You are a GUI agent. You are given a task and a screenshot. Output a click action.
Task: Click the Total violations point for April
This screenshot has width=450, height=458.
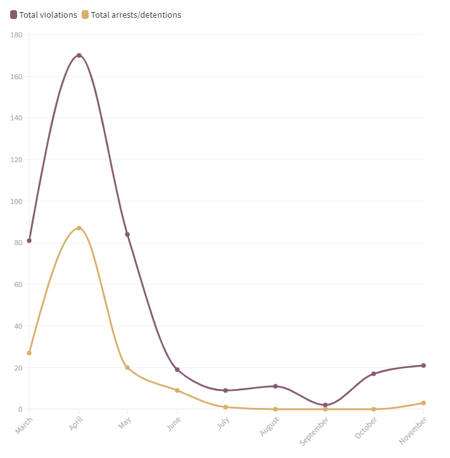[x=79, y=55]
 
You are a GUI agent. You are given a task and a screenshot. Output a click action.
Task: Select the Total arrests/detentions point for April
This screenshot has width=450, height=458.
[x=79, y=228]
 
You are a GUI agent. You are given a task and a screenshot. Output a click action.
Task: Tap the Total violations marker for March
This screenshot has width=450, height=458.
[x=29, y=241]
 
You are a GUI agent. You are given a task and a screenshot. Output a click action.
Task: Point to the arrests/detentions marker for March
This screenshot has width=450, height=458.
[x=29, y=353]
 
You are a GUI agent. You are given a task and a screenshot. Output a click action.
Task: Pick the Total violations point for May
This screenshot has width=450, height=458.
[x=127, y=234]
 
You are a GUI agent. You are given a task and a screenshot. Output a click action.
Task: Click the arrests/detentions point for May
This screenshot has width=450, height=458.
[x=127, y=367]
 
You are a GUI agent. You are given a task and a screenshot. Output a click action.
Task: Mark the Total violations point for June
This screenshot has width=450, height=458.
[x=177, y=370]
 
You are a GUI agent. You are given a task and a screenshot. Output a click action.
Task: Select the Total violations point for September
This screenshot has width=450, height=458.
[x=325, y=405]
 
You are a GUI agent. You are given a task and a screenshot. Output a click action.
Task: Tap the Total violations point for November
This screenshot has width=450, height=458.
[x=423, y=366]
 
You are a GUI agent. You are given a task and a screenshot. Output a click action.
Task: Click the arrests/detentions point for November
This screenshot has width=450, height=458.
[x=423, y=403]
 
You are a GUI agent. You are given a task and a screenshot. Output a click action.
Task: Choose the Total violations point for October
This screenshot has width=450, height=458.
[x=374, y=374]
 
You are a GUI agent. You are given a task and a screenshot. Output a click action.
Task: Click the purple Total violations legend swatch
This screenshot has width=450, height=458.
[x=13, y=15]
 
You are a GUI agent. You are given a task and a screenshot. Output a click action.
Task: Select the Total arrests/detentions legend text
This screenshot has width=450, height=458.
[x=135, y=15]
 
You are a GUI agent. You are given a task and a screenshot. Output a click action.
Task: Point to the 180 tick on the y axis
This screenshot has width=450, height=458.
[x=16, y=35]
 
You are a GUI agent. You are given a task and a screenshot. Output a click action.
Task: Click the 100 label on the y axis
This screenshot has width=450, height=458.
[x=16, y=201]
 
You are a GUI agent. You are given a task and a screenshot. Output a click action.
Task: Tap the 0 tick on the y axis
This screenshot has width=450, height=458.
[x=19, y=409]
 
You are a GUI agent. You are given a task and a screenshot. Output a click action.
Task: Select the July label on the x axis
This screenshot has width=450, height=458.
[x=223, y=423]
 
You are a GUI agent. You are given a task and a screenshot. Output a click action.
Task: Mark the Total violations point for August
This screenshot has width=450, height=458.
[x=275, y=386]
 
